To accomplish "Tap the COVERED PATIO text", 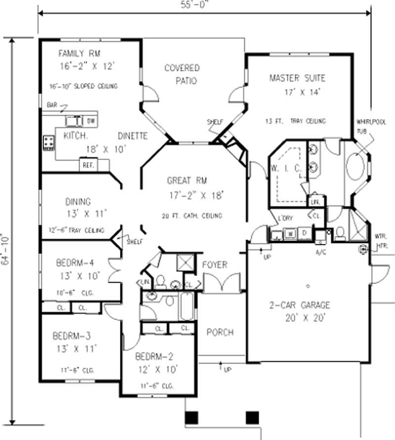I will click(182, 74).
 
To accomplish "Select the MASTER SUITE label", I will click(297, 78).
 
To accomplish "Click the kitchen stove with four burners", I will click(49, 143).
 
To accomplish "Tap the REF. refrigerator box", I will click(88, 164).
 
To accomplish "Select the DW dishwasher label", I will click(91, 120).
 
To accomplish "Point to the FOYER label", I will click(215, 265).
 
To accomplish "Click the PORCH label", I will click(220, 332).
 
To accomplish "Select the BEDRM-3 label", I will click(72, 336).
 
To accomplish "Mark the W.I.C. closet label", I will click(286, 168).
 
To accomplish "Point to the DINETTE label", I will click(132, 136).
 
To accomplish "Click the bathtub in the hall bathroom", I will click(188, 307).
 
